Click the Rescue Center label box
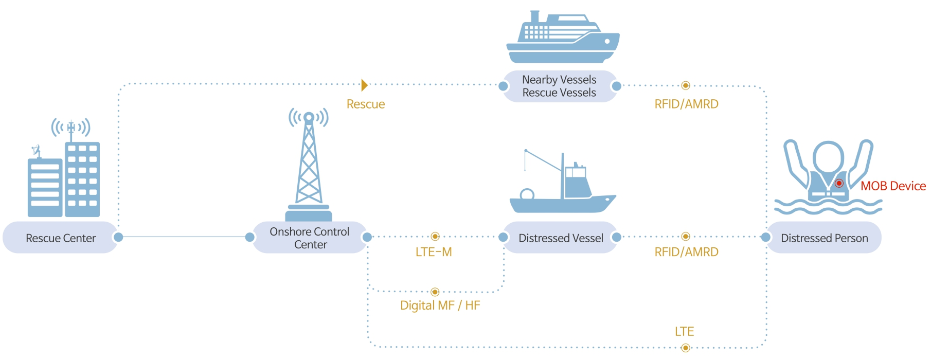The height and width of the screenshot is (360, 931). tap(61, 238)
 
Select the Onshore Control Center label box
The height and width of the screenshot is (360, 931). tap(310, 238)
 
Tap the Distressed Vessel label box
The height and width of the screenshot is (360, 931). tap(560, 238)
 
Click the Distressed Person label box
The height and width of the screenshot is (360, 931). tap(824, 238)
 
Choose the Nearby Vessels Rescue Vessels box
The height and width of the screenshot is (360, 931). tap(559, 86)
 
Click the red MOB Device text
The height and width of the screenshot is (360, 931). tap(893, 186)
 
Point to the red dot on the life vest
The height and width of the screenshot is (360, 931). tap(839, 183)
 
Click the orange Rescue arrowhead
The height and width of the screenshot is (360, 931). tap(364, 85)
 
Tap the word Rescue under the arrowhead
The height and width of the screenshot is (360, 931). tap(366, 104)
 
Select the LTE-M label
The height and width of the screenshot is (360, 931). tap(434, 252)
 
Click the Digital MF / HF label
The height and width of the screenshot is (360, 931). tap(440, 305)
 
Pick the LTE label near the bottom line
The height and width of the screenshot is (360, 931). tap(684, 332)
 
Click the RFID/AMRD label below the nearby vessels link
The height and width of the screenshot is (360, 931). tap(686, 104)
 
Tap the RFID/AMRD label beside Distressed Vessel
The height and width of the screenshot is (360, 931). tap(686, 252)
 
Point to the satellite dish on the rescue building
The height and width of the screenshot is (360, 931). tap(36, 150)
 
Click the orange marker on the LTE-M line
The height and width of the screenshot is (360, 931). tap(435, 237)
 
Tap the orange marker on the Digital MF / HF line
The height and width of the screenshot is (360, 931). tap(435, 292)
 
